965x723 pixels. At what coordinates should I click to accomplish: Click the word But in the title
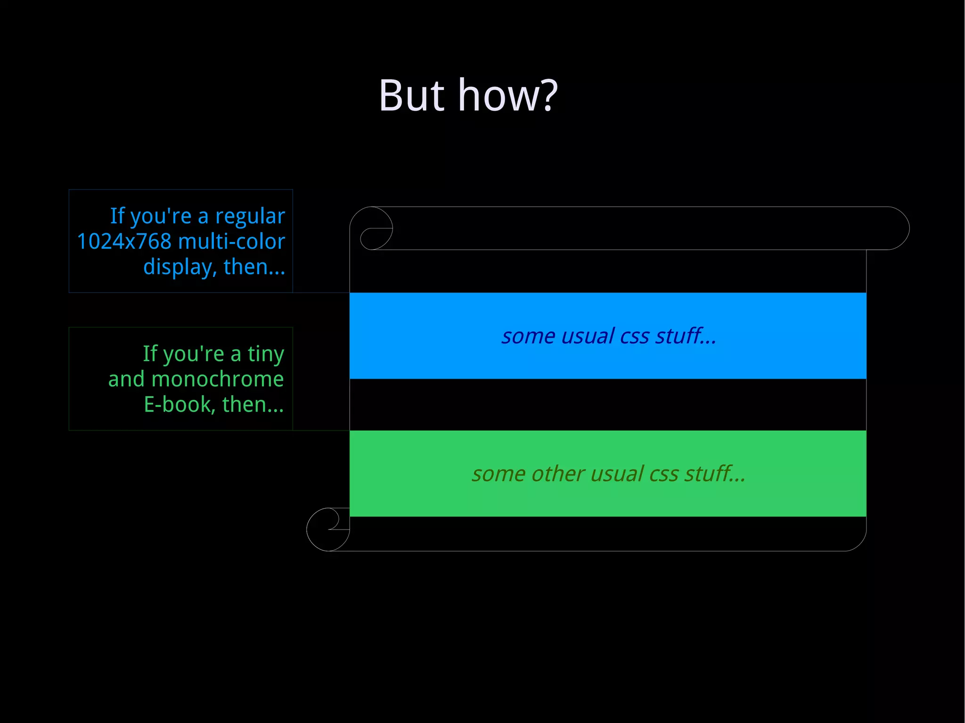click(411, 96)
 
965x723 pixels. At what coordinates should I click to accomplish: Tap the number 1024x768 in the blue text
click(124, 242)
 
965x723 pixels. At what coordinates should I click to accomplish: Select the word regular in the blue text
click(250, 217)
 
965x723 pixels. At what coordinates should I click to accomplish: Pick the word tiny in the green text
click(266, 354)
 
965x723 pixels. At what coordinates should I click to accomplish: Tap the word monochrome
click(218, 379)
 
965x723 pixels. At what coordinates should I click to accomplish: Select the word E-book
click(179, 405)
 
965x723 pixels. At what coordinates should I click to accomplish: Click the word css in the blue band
click(635, 336)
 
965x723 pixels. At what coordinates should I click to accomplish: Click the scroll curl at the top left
click(372, 228)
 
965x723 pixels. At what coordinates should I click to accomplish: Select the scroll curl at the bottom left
click(328, 529)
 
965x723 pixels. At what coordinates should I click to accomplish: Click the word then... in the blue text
click(254, 267)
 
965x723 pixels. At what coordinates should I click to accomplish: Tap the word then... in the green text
click(253, 405)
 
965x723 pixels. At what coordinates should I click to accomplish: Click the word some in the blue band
click(528, 336)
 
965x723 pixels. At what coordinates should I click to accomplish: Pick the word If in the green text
click(150, 354)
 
